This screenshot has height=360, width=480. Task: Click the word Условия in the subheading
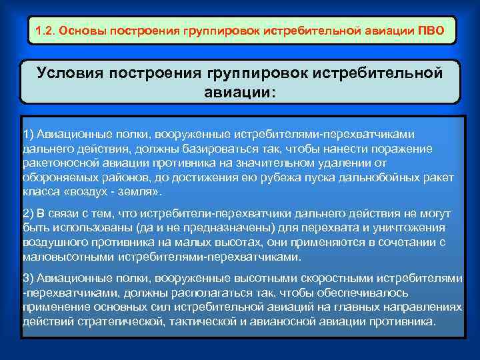[x=71, y=72]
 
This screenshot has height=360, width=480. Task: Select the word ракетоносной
[x=59, y=162]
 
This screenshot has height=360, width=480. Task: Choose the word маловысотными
[x=63, y=257]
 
